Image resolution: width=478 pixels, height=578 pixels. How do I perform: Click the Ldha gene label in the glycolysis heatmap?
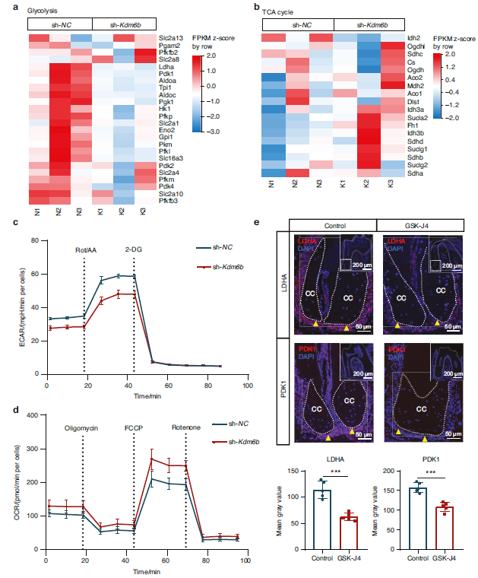pos(165,67)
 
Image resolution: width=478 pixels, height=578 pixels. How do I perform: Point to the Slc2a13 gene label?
pos(170,38)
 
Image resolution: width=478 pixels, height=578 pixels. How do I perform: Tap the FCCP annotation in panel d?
pos(135,427)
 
